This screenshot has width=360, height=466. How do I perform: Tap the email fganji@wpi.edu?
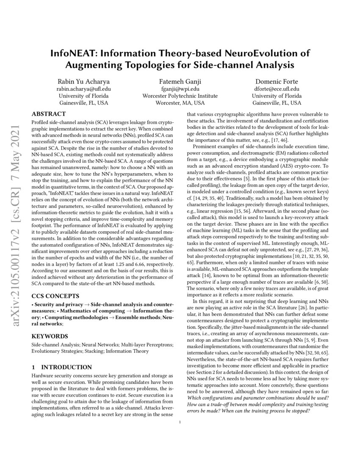180,89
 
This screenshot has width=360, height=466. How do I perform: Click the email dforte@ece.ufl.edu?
277,89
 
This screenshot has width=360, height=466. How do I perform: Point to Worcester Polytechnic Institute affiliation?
180,96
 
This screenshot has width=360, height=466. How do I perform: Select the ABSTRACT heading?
49,114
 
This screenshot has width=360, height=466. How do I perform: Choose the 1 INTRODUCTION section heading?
61,367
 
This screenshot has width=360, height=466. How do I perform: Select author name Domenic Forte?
277,81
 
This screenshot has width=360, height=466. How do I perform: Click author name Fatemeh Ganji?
180,81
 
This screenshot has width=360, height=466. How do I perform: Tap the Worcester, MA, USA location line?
180,103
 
